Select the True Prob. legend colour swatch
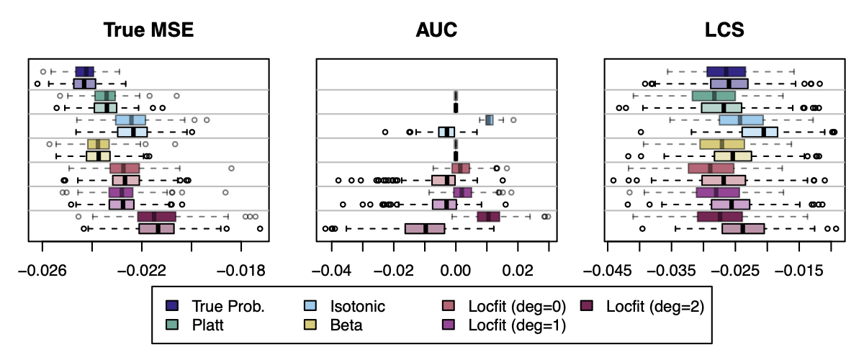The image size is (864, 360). (171, 306)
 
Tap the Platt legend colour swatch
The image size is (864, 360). (171, 325)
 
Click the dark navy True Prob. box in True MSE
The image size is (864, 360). (84, 71)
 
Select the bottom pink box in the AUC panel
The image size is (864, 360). (425, 228)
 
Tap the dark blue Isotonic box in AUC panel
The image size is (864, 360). (490, 120)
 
